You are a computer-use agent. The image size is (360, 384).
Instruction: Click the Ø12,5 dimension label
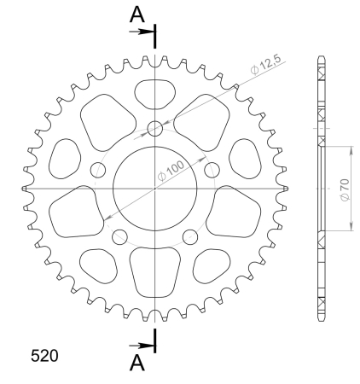click(266, 64)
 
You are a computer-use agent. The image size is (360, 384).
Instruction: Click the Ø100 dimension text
click(171, 171)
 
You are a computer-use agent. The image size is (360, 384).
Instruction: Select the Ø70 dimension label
click(345, 189)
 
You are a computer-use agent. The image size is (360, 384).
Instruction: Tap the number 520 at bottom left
click(44, 356)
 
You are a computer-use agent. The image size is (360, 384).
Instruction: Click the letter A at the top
click(137, 15)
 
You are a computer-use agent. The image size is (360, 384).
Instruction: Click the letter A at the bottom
click(137, 363)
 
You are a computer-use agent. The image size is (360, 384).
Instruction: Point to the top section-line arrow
click(142, 32)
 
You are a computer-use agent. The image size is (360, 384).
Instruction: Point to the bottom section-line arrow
click(142, 346)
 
